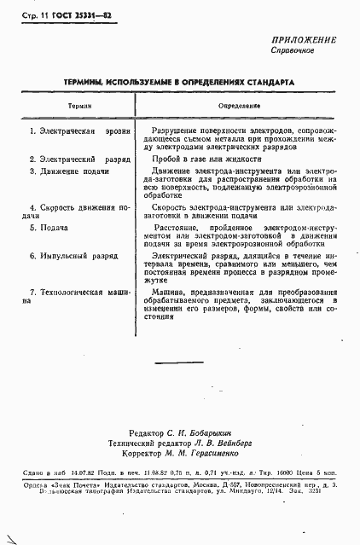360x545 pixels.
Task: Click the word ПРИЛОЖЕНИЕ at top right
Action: pyautogui.click(x=304, y=40)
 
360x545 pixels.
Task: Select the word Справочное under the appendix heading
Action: pyautogui.click(x=293, y=51)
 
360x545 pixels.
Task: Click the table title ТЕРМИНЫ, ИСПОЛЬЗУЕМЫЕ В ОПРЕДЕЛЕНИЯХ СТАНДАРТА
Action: pyautogui.click(x=179, y=84)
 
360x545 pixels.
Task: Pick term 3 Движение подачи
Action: pyautogui.click(x=68, y=171)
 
